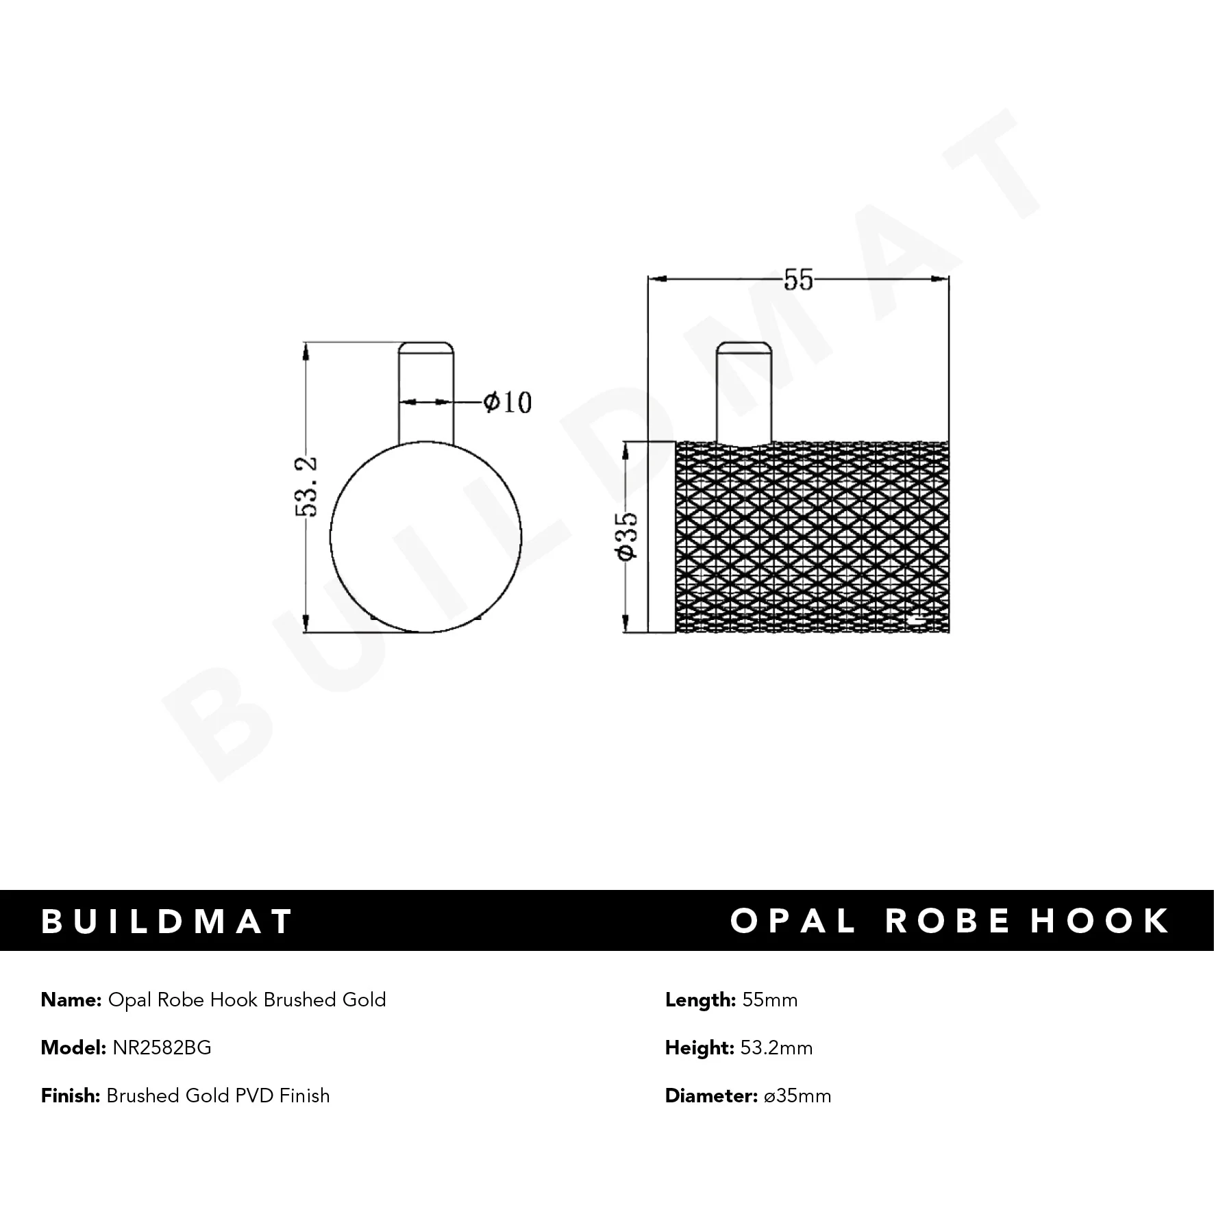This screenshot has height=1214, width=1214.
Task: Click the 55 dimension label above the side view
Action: click(x=798, y=280)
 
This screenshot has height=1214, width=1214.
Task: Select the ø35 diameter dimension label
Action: click(x=628, y=536)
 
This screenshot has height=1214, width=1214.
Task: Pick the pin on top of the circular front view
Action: click(x=425, y=392)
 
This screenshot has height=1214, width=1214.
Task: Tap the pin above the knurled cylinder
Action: click(x=744, y=392)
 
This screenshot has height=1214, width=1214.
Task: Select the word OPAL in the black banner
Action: click(x=793, y=921)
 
